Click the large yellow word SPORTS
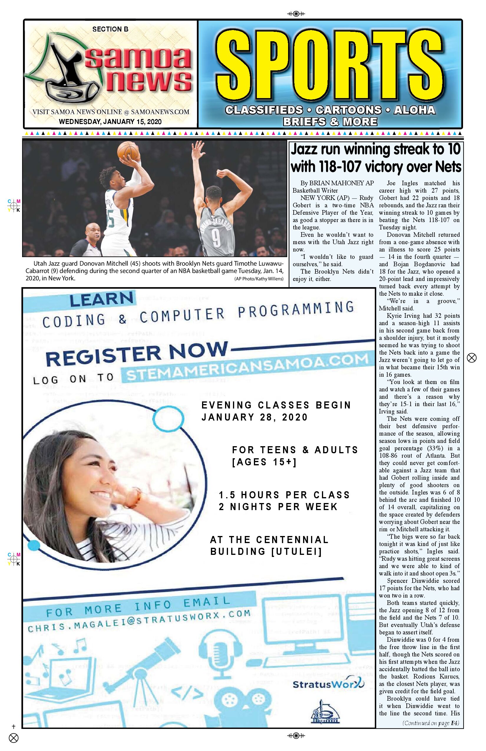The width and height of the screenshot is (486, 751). (x=330, y=65)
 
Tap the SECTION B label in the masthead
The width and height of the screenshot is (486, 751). (x=110, y=29)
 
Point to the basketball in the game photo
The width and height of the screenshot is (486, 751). (x=128, y=150)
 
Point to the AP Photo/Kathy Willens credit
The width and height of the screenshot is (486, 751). (x=259, y=279)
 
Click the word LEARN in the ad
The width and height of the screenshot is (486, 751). (x=102, y=299)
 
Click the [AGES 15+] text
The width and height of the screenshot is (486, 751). (x=264, y=462)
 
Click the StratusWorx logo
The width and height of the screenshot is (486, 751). (x=328, y=684)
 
